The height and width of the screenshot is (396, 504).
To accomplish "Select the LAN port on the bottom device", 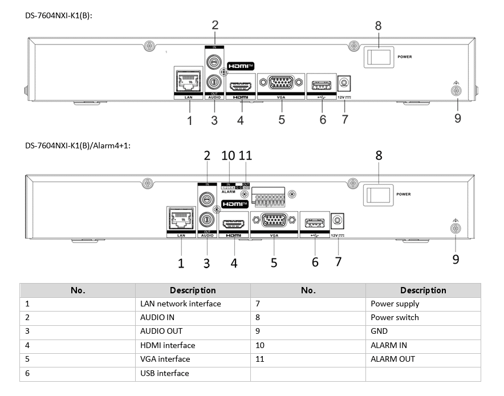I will [181, 218].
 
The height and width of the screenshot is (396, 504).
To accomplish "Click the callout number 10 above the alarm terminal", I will [229, 155].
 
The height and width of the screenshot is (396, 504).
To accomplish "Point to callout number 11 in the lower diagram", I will [246, 155].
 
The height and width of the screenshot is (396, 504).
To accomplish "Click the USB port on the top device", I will [321, 86].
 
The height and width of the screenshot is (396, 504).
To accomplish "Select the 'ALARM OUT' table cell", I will [393, 359].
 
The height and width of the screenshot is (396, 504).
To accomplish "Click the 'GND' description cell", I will [379, 331].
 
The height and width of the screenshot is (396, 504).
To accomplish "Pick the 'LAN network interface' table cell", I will [181, 304].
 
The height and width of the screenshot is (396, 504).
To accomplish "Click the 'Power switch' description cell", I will [395, 317].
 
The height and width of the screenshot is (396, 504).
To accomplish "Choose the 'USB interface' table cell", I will [165, 373].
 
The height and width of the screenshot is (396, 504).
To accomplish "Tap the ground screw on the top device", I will [456, 91].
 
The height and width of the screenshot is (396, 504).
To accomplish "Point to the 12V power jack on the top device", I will [344, 83].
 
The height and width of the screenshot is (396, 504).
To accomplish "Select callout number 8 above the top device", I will [378, 26].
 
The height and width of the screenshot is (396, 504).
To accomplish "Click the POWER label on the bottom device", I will [403, 194].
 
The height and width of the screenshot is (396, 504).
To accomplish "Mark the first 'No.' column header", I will [78, 290].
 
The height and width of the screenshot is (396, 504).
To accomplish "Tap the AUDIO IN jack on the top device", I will [214, 60].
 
